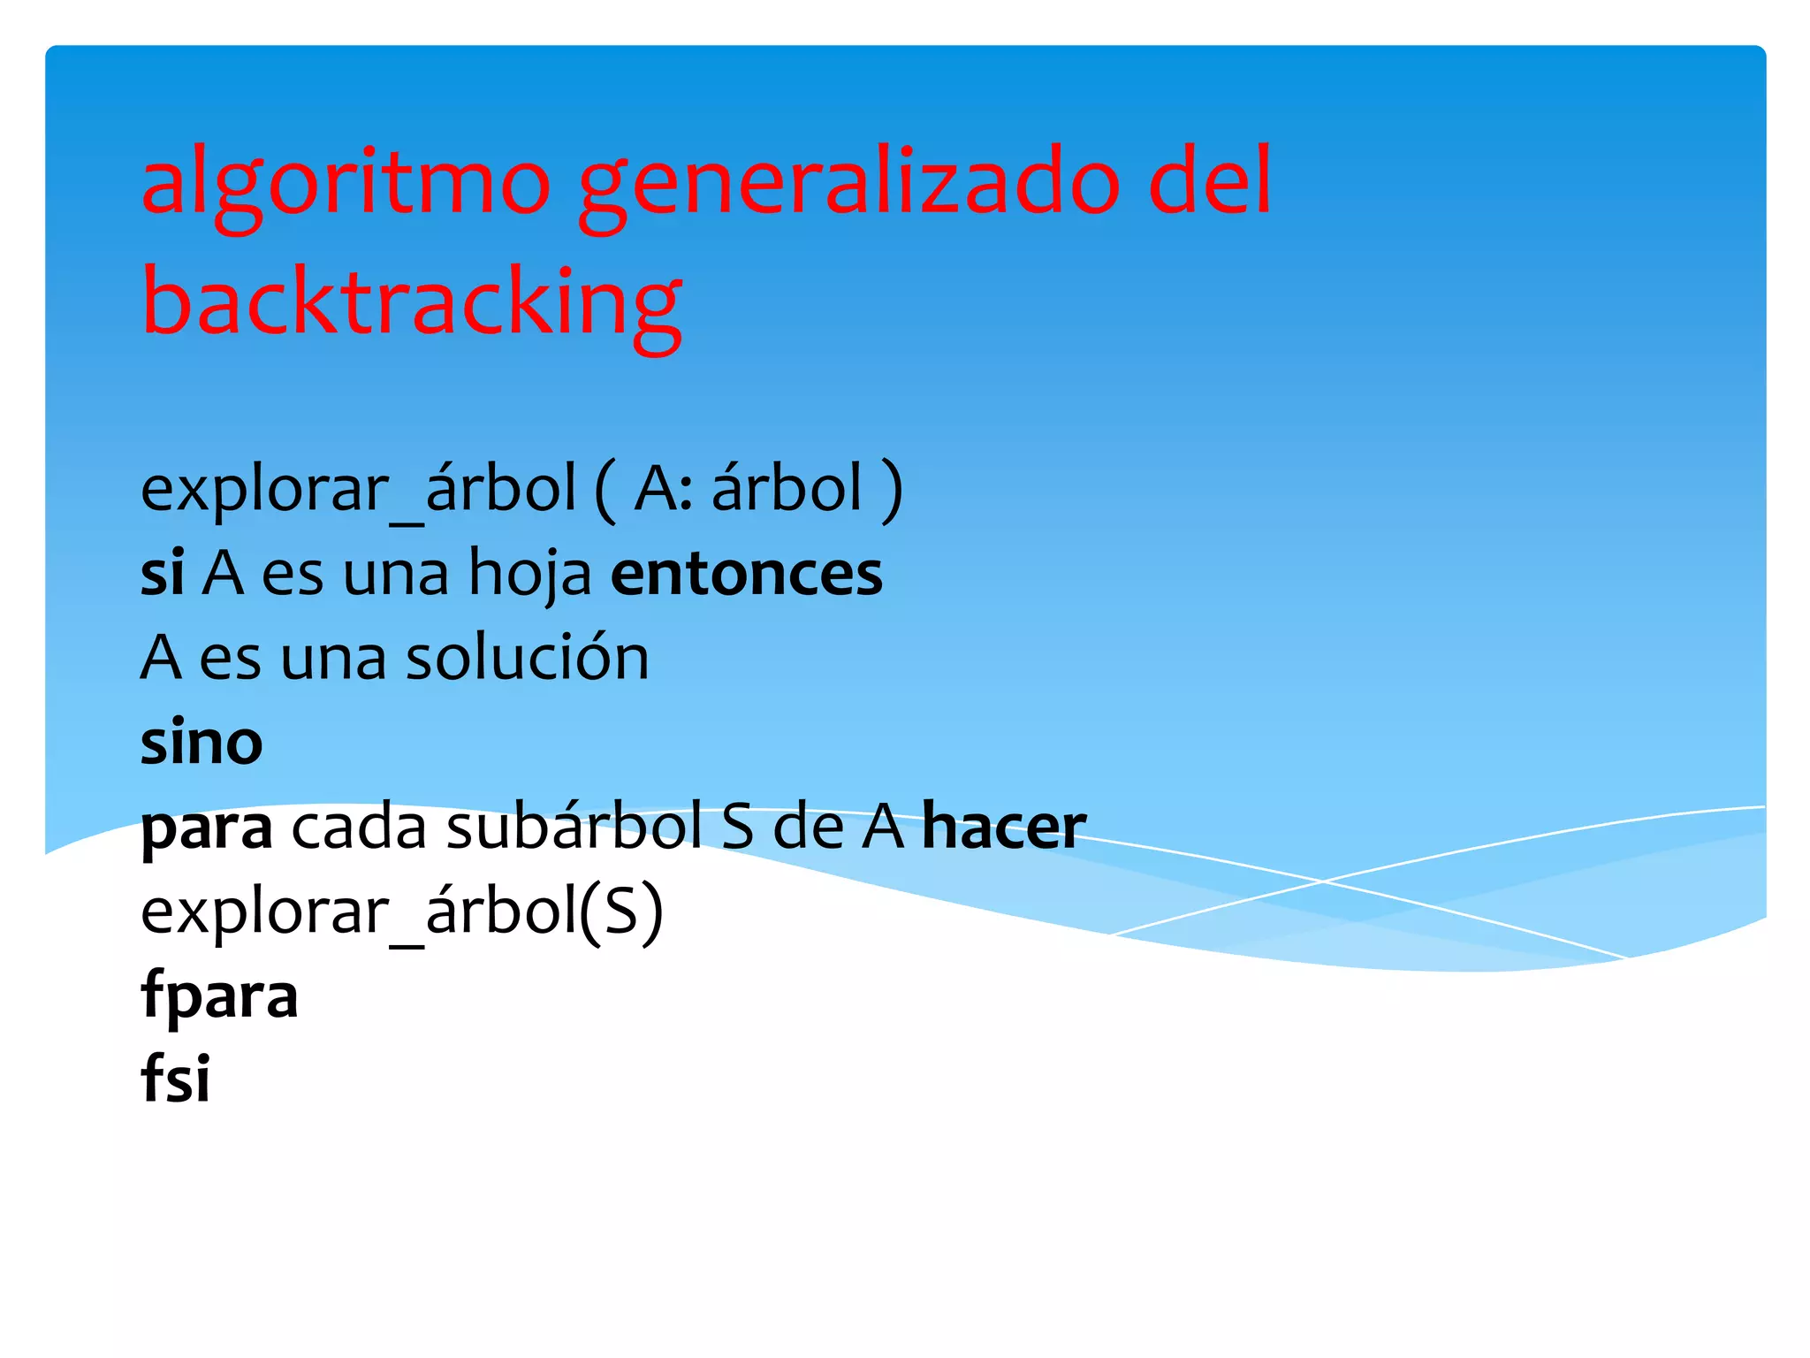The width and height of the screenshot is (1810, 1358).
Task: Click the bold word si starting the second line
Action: point(163,573)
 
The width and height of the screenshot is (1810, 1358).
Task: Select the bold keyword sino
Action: point(202,743)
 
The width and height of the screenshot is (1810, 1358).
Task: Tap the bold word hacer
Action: point(1004,828)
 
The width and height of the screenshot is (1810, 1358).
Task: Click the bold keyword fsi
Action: point(175,1079)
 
